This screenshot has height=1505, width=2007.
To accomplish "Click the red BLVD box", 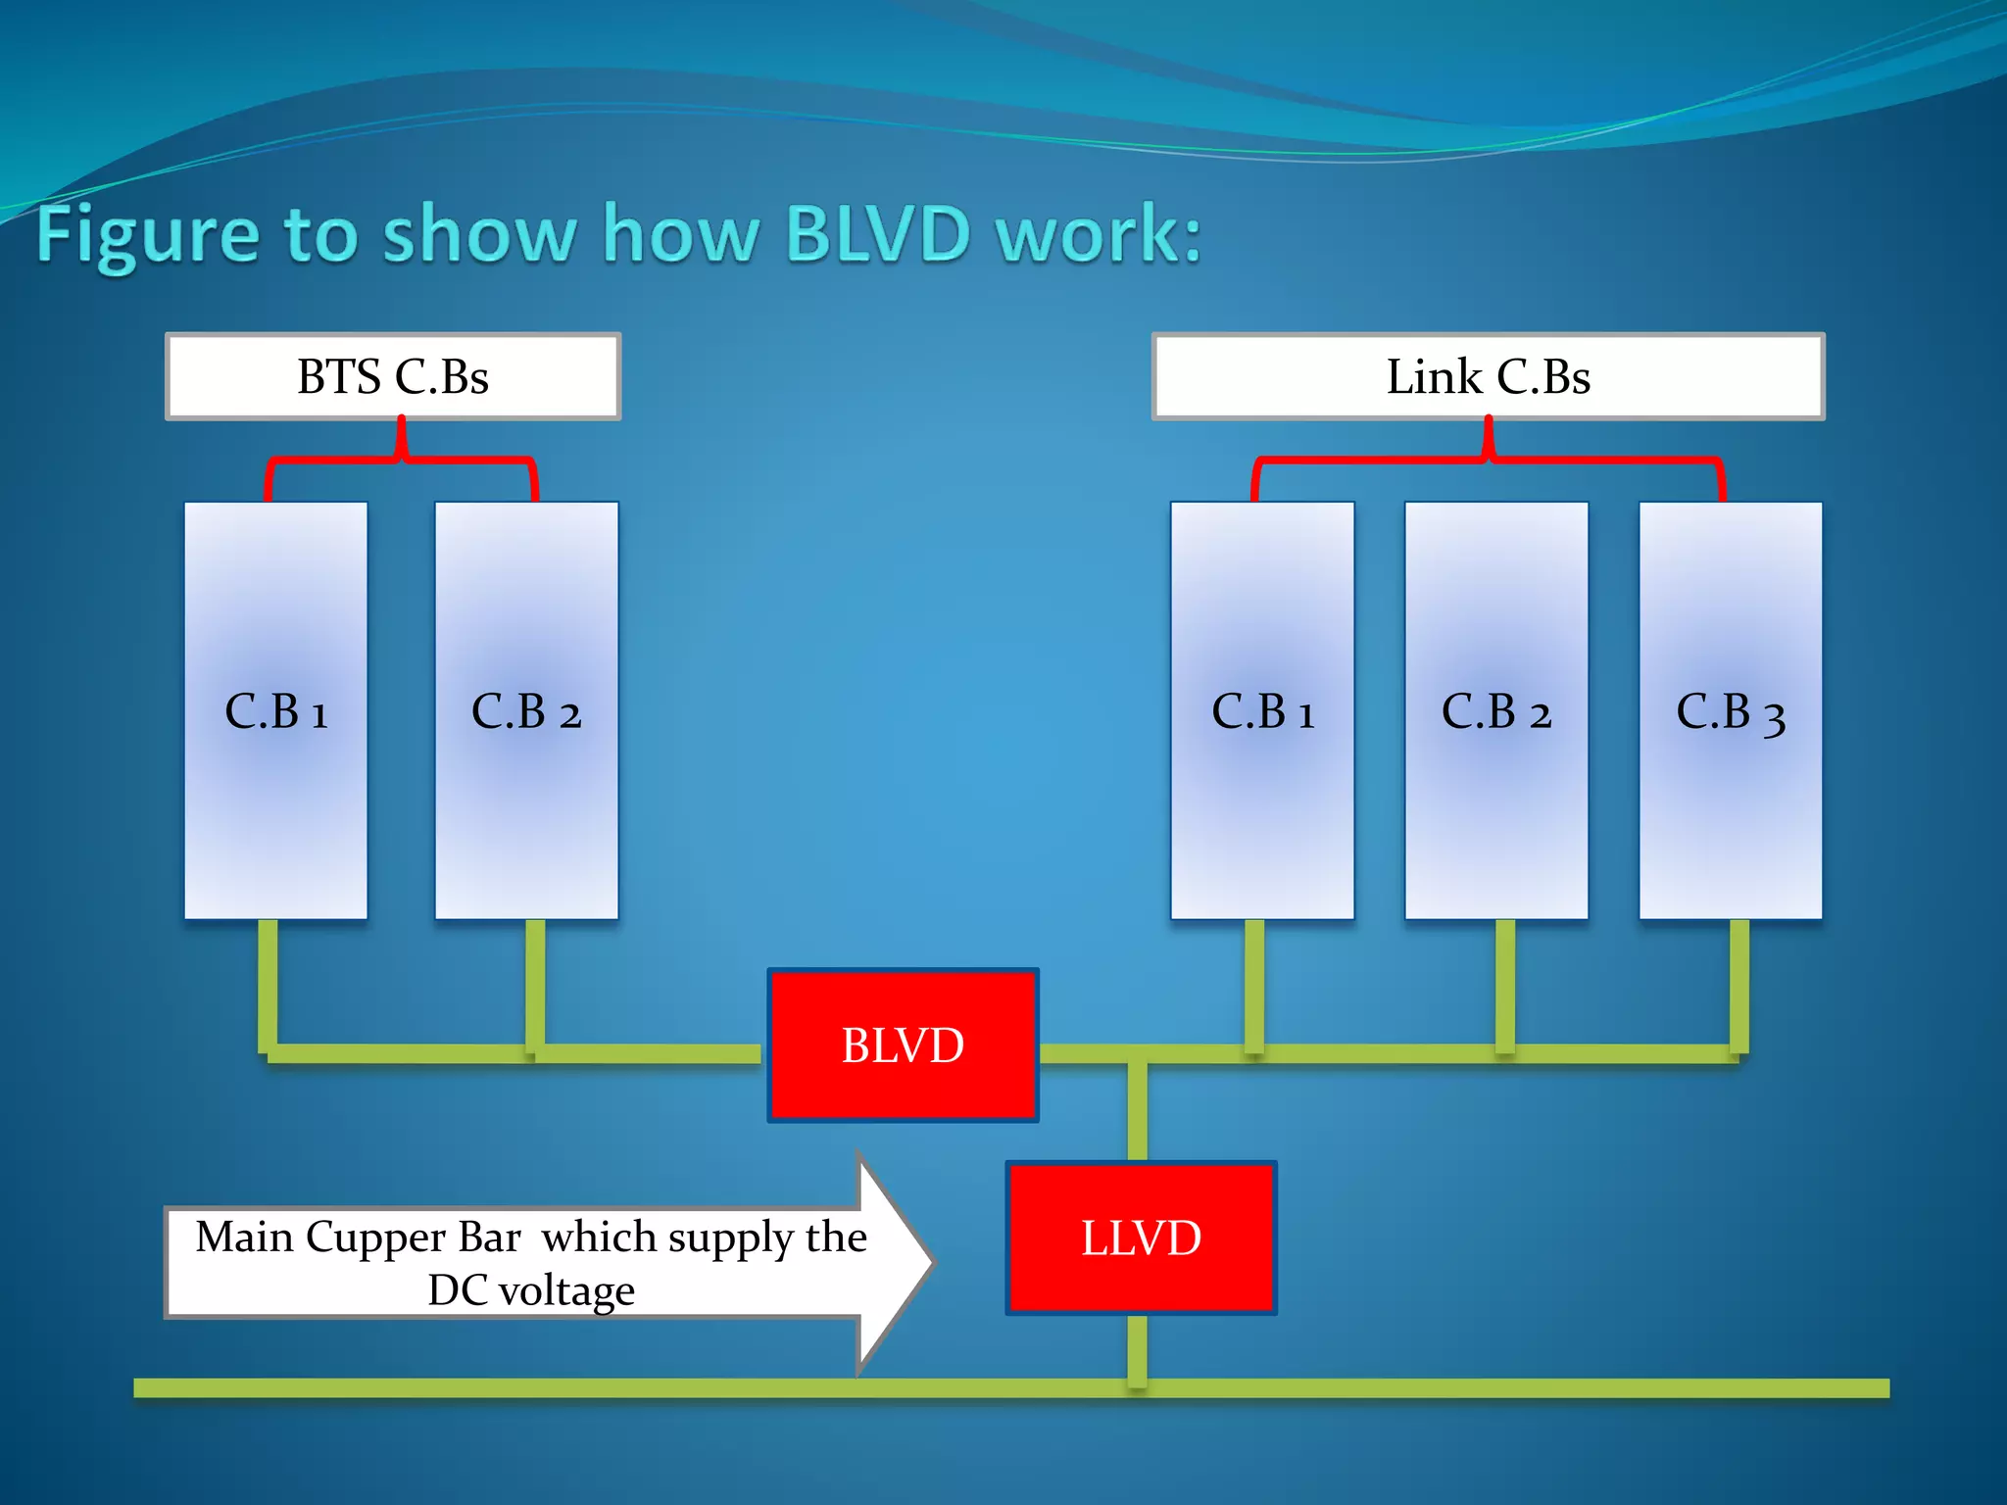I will tap(903, 1044).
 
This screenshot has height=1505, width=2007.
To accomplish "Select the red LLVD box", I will tap(1141, 1238).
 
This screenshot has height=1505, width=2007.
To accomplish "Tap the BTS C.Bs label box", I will tap(393, 376).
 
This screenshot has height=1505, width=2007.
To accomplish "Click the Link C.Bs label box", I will tap(1488, 376).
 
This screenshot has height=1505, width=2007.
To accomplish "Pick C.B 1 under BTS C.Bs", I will tap(275, 710).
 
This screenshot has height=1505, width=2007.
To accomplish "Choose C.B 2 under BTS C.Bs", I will tap(526, 710).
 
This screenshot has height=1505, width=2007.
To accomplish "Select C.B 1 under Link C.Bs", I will tap(1262, 710).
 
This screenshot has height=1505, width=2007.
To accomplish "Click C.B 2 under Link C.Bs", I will tap(1496, 710).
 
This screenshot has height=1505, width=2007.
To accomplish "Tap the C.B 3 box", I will tap(1731, 710).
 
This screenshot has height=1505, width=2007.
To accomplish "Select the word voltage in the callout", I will tap(566, 1290).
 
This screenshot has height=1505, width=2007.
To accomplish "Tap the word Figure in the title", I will tap(147, 235).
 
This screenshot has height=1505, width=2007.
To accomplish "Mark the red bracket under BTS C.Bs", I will tap(401, 458).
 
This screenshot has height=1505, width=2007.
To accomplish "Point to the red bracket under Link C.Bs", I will tap(1488, 458).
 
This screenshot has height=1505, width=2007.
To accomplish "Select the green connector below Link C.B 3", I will tap(1738, 985).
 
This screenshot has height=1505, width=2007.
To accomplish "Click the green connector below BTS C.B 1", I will tap(268, 985).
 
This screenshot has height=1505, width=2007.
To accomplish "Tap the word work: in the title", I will tap(1098, 235).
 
